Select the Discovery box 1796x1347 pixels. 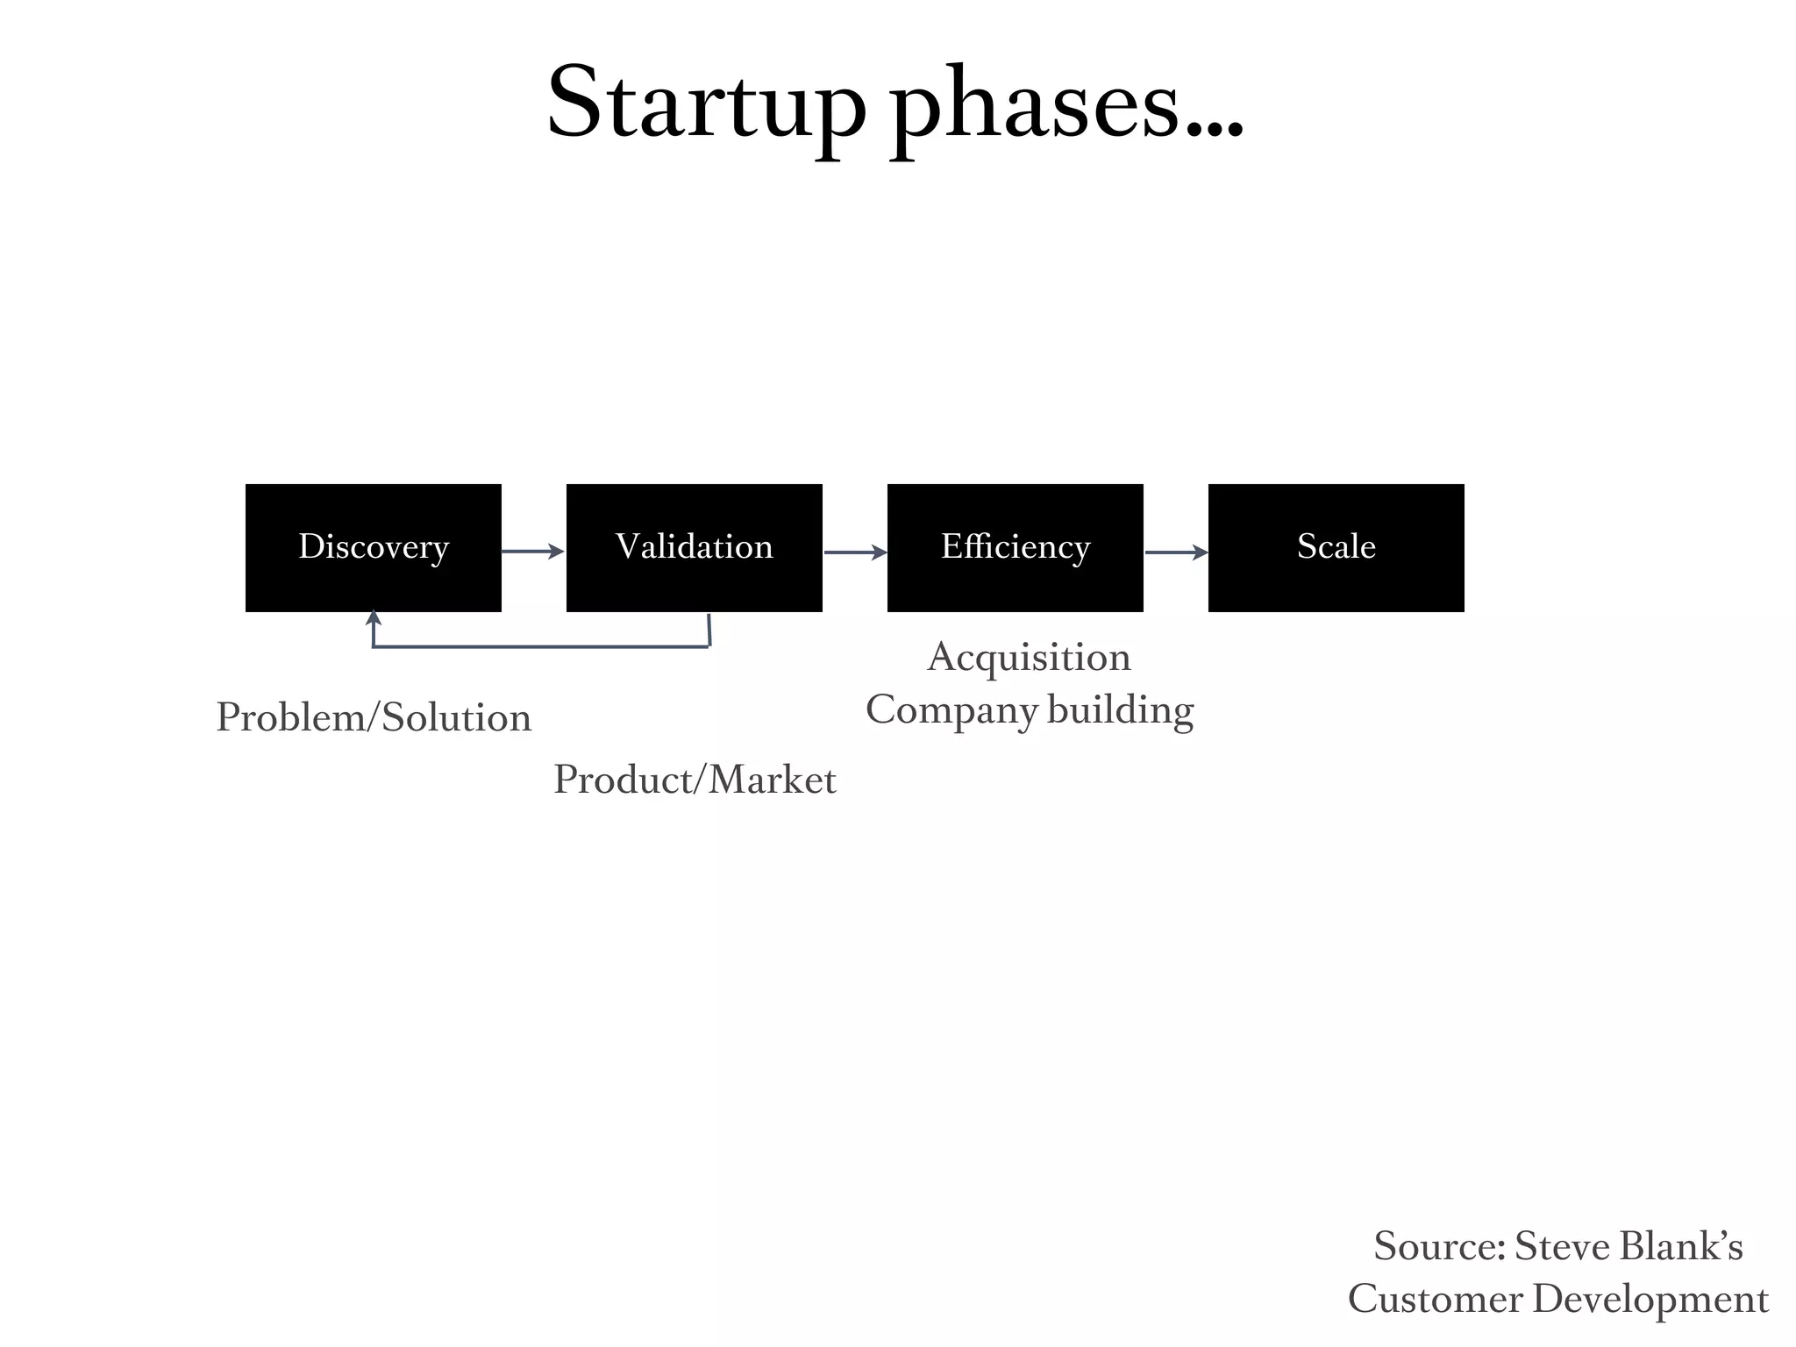coord(374,547)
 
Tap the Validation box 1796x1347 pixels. coord(694,547)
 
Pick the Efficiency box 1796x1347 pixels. coord(1015,547)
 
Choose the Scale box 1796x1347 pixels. coord(1336,547)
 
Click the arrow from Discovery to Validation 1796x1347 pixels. coord(532,552)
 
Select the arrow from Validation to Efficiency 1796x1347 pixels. coord(855,552)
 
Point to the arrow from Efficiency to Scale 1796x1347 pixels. coord(1176,552)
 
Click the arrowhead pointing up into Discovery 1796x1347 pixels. coord(374,617)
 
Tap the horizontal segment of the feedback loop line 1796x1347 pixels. coord(540,646)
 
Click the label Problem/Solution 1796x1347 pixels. coord(374,718)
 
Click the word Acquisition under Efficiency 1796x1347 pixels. coord(1029,658)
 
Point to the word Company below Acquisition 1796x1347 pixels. coord(951,711)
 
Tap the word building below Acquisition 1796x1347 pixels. coord(1120,709)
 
